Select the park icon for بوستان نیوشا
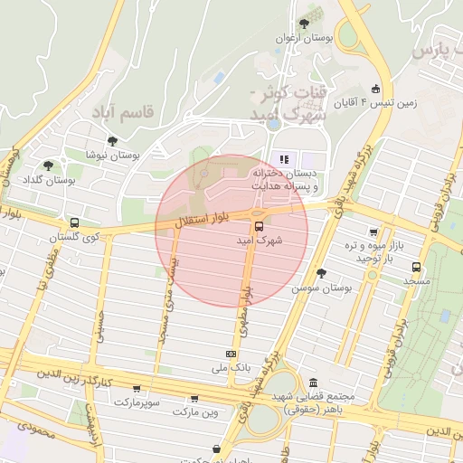[112, 141]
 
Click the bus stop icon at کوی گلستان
[74, 222]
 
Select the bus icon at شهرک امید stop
[260, 227]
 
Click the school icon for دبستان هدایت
[284, 159]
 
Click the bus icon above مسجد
[416, 267]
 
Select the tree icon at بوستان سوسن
[320, 272]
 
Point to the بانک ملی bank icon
[231, 354]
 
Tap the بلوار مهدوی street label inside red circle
[245, 306]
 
